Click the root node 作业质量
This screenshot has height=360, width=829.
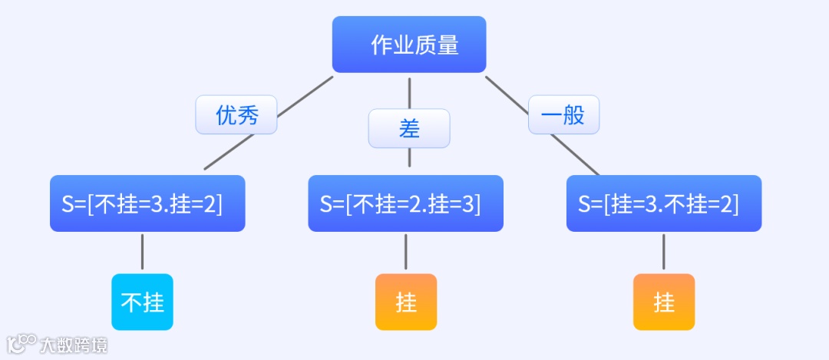pyautogui.click(x=409, y=45)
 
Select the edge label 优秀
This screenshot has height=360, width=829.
pyautogui.click(x=236, y=115)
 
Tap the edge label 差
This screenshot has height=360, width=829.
pyautogui.click(x=409, y=128)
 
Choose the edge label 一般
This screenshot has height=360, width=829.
pyautogui.click(x=563, y=115)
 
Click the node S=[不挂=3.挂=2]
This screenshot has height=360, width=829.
pyautogui.click(x=147, y=203)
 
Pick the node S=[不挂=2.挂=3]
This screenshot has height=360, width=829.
pyautogui.click(x=406, y=203)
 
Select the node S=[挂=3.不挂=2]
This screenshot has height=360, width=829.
pyautogui.click(x=664, y=203)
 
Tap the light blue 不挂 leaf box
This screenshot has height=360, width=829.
pyautogui.click(x=142, y=302)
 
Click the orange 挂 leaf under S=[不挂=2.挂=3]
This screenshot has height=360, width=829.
pyautogui.click(x=406, y=302)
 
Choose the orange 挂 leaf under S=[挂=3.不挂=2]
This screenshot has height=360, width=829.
pyautogui.click(x=664, y=302)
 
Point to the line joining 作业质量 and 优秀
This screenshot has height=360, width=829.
pyautogui.click(x=306, y=96)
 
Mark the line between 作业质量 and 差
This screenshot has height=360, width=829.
pyautogui.click(x=409, y=92)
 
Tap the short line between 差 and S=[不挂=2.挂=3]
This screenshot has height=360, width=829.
pyautogui.click(x=409, y=157)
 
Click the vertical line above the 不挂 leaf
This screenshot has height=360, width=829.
pyautogui.click(x=142, y=252)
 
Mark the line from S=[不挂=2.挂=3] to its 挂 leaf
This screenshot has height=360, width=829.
pyautogui.click(x=406, y=252)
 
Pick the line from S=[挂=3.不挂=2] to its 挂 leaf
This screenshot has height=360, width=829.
pyautogui.click(x=664, y=252)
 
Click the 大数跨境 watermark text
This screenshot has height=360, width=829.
pyautogui.click(x=74, y=345)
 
